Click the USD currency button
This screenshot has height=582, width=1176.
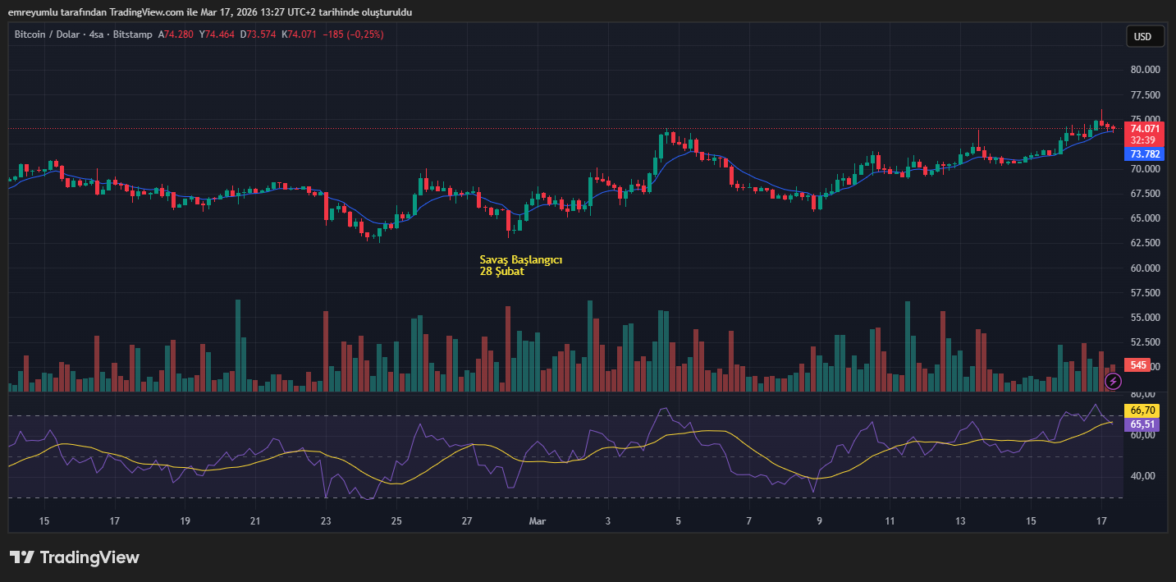tap(1143, 36)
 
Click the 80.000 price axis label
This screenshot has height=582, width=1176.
tap(1145, 70)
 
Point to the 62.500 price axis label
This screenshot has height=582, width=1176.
tap(1145, 243)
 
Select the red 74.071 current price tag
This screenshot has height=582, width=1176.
tap(1145, 128)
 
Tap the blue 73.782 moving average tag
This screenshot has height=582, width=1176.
tap(1145, 154)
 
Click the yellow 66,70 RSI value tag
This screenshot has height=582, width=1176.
tap(1143, 410)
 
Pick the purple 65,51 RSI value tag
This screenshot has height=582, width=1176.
tap(1143, 424)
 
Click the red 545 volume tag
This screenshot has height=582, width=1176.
tap(1138, 365)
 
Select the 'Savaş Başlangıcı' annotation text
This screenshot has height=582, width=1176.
tap(521, 259)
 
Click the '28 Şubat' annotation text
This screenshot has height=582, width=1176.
tap(502, 272)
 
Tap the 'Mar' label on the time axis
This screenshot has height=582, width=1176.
tap(538, 521)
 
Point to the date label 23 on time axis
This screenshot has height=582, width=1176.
tap(326, 521)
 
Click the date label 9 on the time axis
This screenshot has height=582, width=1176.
tap(819, 521)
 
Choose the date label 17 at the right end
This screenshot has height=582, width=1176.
tap(1102, 521)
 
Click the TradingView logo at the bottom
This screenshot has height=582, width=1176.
tap(75, 557)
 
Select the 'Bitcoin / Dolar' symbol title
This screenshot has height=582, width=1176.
tap(47, 34)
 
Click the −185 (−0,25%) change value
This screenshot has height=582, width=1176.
tap(353, 34)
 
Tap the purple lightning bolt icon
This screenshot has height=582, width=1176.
tap(1113, 381)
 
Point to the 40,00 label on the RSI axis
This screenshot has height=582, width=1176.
tap(1142, 476)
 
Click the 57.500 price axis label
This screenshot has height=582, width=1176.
tap(1145, 293)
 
